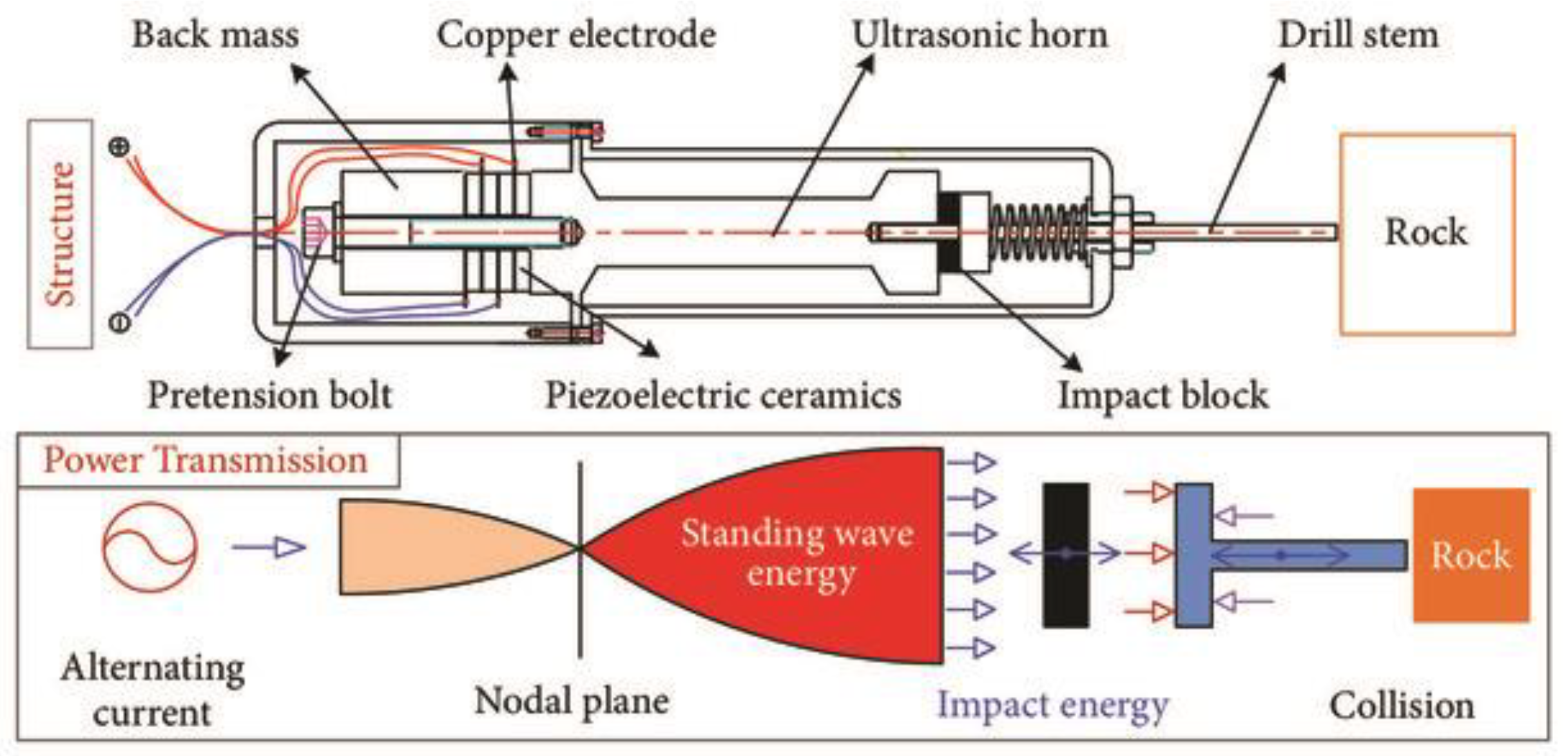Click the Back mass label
pyautogui.click(x=215, y=35)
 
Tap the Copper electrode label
pyautogui.click(x=576, y=35)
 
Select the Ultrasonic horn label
pyautogui.click(x=980, y=35)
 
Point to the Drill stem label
pyautogui.click(x=1358, y=35)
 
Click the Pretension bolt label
pyautogui.click(x=269, y=395)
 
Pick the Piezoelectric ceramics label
pyautogui.click(x=723, y=395)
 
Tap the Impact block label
pyautogui.click(x=1163, y=395)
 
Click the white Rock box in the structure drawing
pyautogui.click(x=1427, y=233)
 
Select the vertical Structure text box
pyautogui.click(x=60, y=234)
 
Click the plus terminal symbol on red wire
pyautogui.click(x=119, y=147)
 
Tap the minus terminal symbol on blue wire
pyautogui.click(x=119, y=321)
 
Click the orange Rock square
pyautogui.click(x=1471, y=555)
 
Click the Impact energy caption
pyautogui.click(x=1052, y=705)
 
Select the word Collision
pyautogui.click(x=1402, y=706)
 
